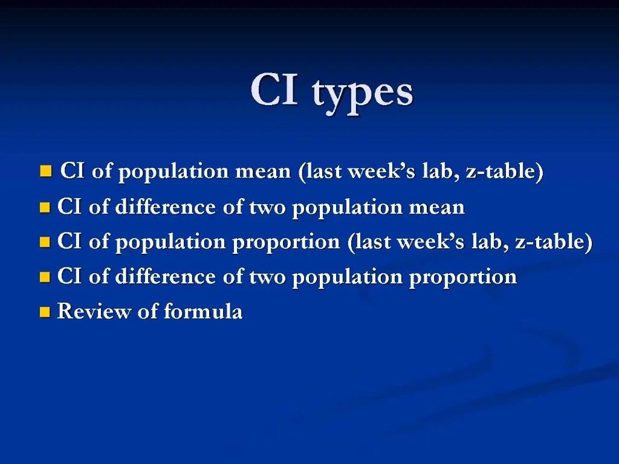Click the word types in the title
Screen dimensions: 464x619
[363, 94]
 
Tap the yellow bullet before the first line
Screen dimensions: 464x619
[45, 172]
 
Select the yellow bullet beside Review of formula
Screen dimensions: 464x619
[44, 312]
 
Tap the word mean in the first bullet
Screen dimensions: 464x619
[263, 172]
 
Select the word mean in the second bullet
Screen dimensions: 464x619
[437, 207]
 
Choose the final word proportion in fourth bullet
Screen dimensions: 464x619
[462, 278]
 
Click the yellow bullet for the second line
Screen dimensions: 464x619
[44, 208]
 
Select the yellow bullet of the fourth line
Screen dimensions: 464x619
[44, 278]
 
